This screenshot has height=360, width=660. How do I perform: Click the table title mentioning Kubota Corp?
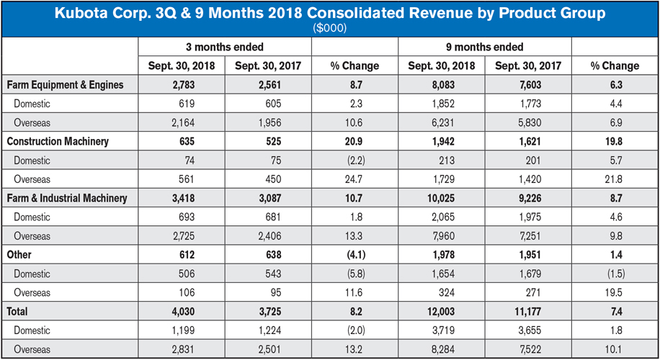click(x=329, y=13)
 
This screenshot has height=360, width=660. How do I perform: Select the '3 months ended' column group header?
click(x=225, y=47)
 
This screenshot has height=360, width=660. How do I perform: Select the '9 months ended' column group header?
click(x=484, y=47)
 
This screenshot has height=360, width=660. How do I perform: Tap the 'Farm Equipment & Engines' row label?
click(x=66, y=85)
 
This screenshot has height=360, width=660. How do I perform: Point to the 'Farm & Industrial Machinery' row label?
click(x=67, y=198)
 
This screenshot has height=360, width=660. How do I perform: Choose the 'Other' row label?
click(x=20, y=254)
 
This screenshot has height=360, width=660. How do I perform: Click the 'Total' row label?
click(x=19, y=311)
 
